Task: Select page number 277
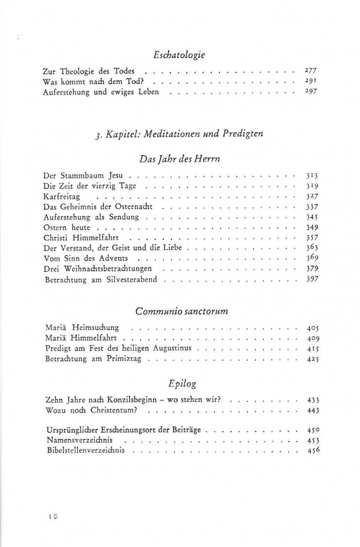click(311, 71)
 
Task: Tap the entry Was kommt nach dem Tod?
click(94, 82)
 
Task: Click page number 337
click(312, 207)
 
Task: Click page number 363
click(312, 249)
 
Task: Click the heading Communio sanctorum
click(182, 312)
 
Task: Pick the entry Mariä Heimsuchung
click(82, 327)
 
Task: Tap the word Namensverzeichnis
click(79, 440)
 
